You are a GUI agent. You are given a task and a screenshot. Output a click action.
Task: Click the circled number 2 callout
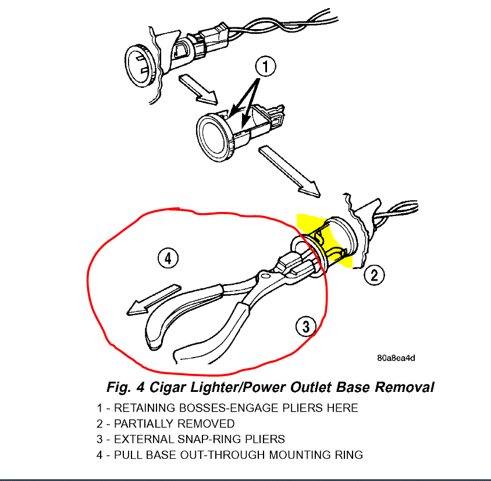(x=374, y=274)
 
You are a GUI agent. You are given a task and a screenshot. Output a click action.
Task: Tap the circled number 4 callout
(x=168, y=258)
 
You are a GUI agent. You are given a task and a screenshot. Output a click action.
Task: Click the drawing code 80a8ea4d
(x=396, y=358)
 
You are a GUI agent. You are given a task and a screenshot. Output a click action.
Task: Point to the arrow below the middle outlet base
(x=289, y=172)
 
